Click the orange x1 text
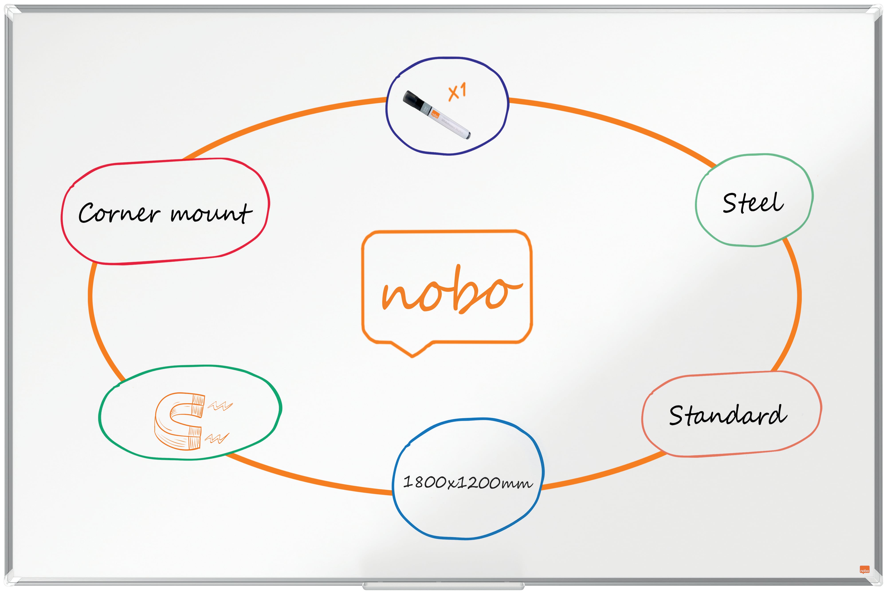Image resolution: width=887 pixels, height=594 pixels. [x=457, y=92]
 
